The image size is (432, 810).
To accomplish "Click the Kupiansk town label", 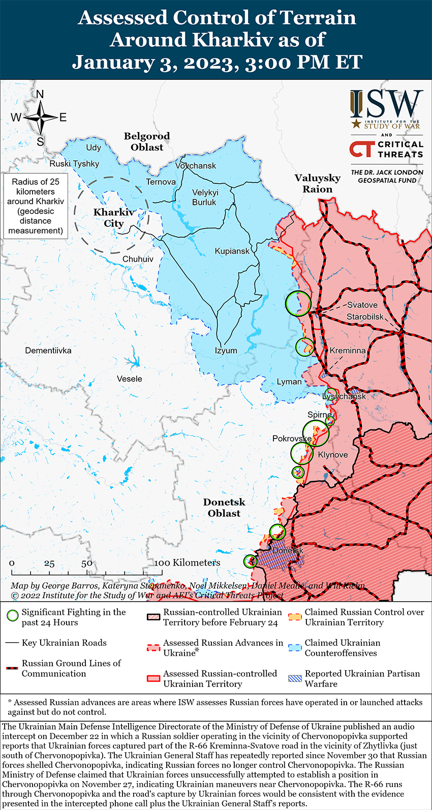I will click(x=232, y=251).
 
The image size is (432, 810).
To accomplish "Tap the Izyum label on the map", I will click(x=226, y=351).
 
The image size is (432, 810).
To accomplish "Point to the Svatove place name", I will click(x=362, y=305).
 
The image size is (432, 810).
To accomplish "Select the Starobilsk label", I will click(x=365, y=317).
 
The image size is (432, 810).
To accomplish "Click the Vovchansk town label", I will click(x=196, y=166).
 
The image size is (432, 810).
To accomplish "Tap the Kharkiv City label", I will click(x=114, y=217).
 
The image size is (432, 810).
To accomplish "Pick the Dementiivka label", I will click(x=48, y=351).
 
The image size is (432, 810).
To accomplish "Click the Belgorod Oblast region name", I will click(x=147, y=142).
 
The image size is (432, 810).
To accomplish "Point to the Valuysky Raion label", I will click(x=317, y=183).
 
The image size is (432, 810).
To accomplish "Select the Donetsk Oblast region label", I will click(x=224, y=508).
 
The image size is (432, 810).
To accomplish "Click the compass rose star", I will click(x=40, y=118).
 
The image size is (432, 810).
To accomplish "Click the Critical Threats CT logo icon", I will click(x=362, y=149).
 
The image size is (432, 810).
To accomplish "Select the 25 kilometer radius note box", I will click(x=36, y=206).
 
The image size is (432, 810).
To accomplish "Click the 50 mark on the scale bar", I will click(x=87, y=563).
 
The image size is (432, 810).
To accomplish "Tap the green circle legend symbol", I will click(x=13, y=616).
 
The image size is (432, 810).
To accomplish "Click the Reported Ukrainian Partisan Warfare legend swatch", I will click(x=295, y=678).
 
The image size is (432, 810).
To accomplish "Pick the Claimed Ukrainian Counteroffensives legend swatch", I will click(x=295, y=647).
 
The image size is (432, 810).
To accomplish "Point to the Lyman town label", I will click(x=289, y=382).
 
